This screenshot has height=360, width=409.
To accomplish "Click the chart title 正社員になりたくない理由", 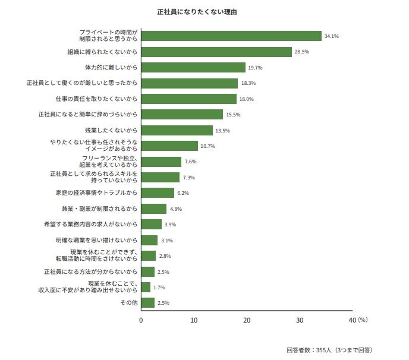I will [x=196, y=12].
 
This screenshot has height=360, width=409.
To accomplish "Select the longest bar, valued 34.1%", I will [x=231, y=36].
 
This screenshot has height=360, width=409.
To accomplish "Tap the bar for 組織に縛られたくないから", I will [x=216, y=52].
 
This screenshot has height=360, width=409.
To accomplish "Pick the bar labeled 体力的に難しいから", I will [x=193, y=68].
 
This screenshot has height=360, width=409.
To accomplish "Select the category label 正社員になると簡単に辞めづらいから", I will [x=88, y=115].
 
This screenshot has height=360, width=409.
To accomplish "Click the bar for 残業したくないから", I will [x=177, y=130].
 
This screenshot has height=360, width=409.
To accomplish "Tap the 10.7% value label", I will [x=207, y=146].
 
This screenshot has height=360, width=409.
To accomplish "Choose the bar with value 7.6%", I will [x=161, y=162].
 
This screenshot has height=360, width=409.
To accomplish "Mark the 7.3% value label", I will [x=189, y=178].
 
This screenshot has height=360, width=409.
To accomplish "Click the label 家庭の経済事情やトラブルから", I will [x=96, y=193].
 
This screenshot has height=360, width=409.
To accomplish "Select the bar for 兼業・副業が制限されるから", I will [x=153, y=209].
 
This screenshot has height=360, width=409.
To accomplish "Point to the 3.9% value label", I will [x=170, y=225].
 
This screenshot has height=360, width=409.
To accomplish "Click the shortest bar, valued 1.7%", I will [x=146, y=287].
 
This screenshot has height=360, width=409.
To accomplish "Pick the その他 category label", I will [x=129, y=303].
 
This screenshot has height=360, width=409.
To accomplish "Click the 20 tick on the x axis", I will [x=247, y=320].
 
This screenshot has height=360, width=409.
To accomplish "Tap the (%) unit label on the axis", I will [x=363, y=320].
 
